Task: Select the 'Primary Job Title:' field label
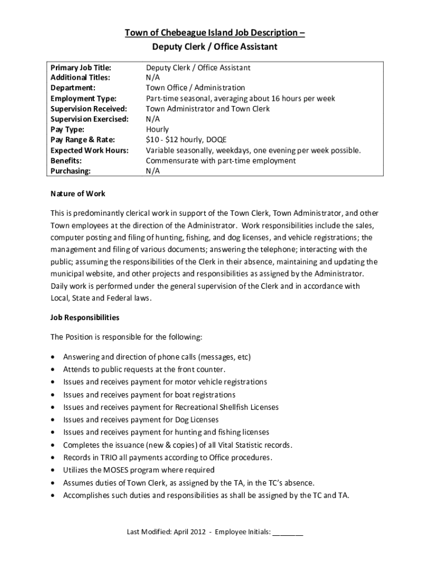[x=81, y=67]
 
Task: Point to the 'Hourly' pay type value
[x=157, y=129]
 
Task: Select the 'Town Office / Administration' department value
[x=195, y=88]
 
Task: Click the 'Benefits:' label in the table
[x=66, y=161]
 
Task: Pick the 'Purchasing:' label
[x=70, y=171]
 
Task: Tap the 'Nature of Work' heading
[x=78, y=193]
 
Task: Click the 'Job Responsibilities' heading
[x=85, y=317]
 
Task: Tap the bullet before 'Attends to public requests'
[x=52, y=370]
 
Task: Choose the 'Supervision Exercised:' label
[x=89, y=119]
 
